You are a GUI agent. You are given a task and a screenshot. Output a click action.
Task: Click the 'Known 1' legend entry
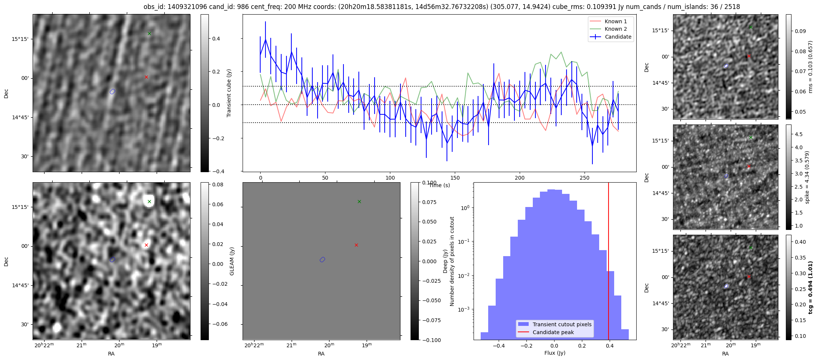point(615,21)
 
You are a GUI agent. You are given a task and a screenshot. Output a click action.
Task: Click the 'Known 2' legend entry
point(615,29)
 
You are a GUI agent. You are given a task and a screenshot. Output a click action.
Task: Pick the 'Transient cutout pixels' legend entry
point(562,324)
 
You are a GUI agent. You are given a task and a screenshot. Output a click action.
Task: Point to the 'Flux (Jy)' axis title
point(555,353)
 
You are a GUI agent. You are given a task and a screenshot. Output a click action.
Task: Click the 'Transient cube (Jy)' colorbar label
point(229,93)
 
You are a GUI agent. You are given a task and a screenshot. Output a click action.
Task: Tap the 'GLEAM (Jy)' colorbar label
point(232,261)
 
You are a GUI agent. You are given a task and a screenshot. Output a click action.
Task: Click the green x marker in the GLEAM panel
point(149,202)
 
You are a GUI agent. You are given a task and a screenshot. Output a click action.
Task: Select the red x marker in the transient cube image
point(146,77)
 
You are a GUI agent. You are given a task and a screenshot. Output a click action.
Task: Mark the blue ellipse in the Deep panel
point(322,259)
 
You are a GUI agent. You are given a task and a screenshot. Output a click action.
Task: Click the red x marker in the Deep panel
point(356,245)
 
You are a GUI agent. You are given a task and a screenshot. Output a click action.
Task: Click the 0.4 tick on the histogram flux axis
point(610,346)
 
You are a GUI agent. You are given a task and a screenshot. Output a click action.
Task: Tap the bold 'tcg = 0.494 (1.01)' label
point(810,288)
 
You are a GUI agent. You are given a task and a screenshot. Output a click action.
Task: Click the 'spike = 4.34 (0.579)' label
point(807,177)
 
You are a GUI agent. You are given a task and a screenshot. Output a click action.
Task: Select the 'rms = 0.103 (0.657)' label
point(810,67)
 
